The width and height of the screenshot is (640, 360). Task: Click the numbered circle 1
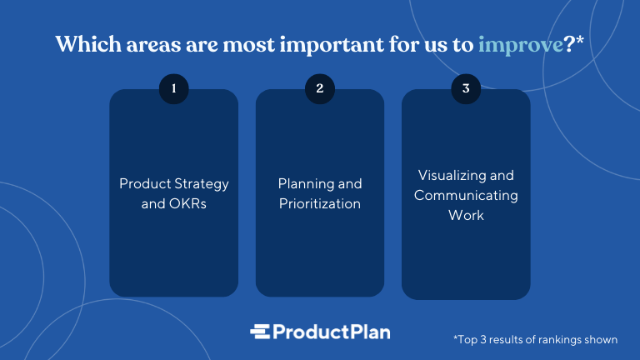coord(174,88)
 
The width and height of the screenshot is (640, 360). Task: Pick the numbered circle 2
coord(320,88)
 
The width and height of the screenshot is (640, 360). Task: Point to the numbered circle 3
coord(466,88)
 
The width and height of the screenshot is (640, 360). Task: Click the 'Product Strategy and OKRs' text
coord(174,193)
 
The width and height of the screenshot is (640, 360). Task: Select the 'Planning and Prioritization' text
coord(320,193)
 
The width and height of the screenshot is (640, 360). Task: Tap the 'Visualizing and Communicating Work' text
coord(466,195)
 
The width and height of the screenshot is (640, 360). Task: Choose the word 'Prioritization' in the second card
coord(320,203)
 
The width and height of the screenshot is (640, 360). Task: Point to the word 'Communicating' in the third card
coord(466,195)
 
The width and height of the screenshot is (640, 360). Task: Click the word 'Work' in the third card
coord(466,215)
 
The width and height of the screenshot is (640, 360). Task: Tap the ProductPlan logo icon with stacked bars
coord(261,331)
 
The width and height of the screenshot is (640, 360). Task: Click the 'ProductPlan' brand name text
coord(332,332)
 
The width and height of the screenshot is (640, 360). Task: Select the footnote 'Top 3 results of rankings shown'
coord(535,339)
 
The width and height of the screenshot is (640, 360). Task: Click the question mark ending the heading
coord(572,45)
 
